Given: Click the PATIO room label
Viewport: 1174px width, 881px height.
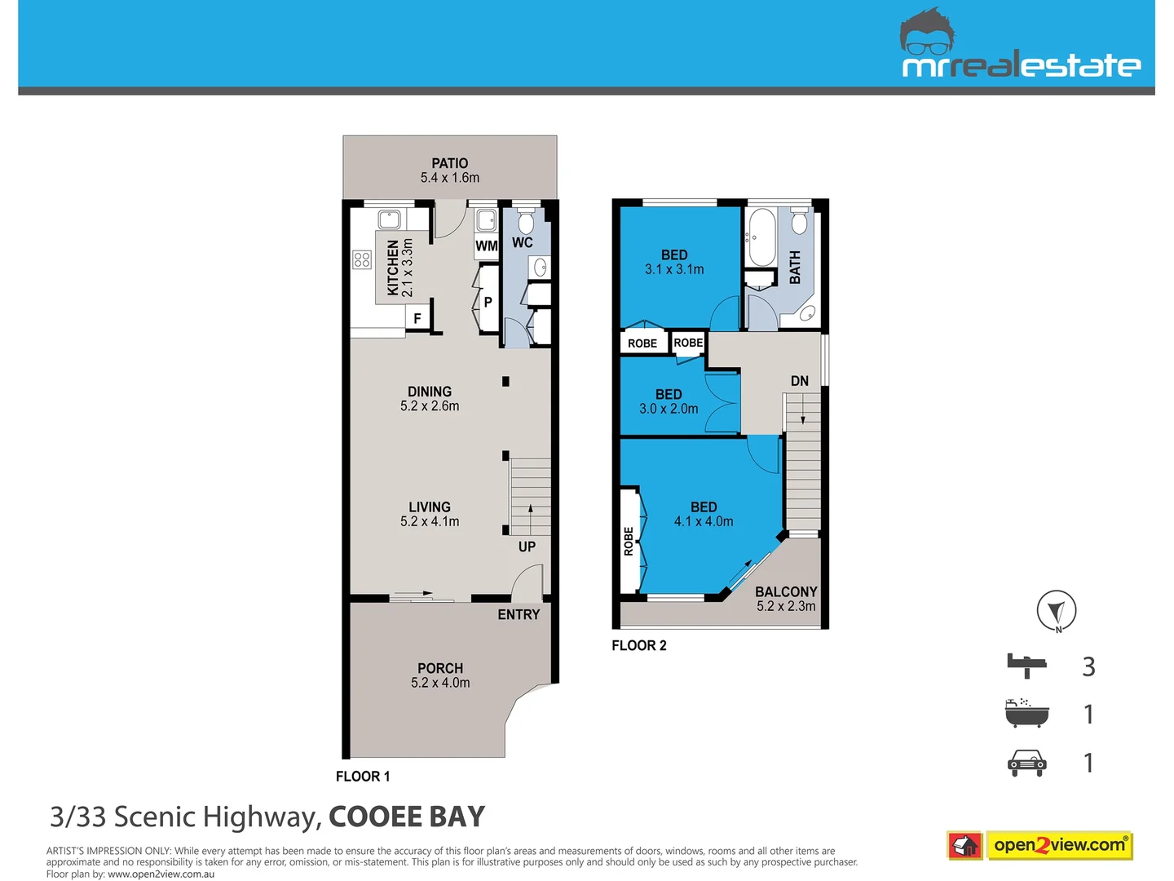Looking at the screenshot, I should coord(450,170).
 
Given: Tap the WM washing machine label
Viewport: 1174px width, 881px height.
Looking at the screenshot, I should coord(486,246).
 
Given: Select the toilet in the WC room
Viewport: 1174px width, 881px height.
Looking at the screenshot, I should coord(526,222).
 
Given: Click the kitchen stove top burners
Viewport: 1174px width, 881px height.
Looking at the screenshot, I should coord(362,259).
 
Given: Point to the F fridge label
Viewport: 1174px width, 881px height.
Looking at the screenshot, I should coord(417,319).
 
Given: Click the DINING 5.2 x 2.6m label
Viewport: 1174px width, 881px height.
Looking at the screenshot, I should coord(430,399).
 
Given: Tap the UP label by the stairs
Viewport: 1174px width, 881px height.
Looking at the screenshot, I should coord(527,547).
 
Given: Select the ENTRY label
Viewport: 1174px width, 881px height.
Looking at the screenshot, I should coord(519,614).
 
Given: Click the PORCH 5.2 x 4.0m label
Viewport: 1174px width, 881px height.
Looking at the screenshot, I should coord(440,675).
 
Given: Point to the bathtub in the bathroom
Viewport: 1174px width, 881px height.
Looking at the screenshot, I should coord(761,237).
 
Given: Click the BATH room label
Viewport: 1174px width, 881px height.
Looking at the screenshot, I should coord(795,268).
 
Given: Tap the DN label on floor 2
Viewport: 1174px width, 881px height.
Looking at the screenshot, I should coord(800,381).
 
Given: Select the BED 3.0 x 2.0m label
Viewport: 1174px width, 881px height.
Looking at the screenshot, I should coord(669,401).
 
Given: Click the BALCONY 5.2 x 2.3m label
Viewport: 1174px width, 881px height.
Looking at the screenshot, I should coord(786,599).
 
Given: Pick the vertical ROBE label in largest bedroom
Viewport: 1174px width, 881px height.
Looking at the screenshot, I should coord(629,542).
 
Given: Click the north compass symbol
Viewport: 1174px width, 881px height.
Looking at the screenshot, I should coord(1057,611).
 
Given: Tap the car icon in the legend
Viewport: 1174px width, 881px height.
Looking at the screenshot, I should coord(1026,763).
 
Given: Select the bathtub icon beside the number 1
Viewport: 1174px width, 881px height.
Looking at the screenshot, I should coord(1026,714).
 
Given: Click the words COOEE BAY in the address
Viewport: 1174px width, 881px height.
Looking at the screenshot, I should coord(407,817).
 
